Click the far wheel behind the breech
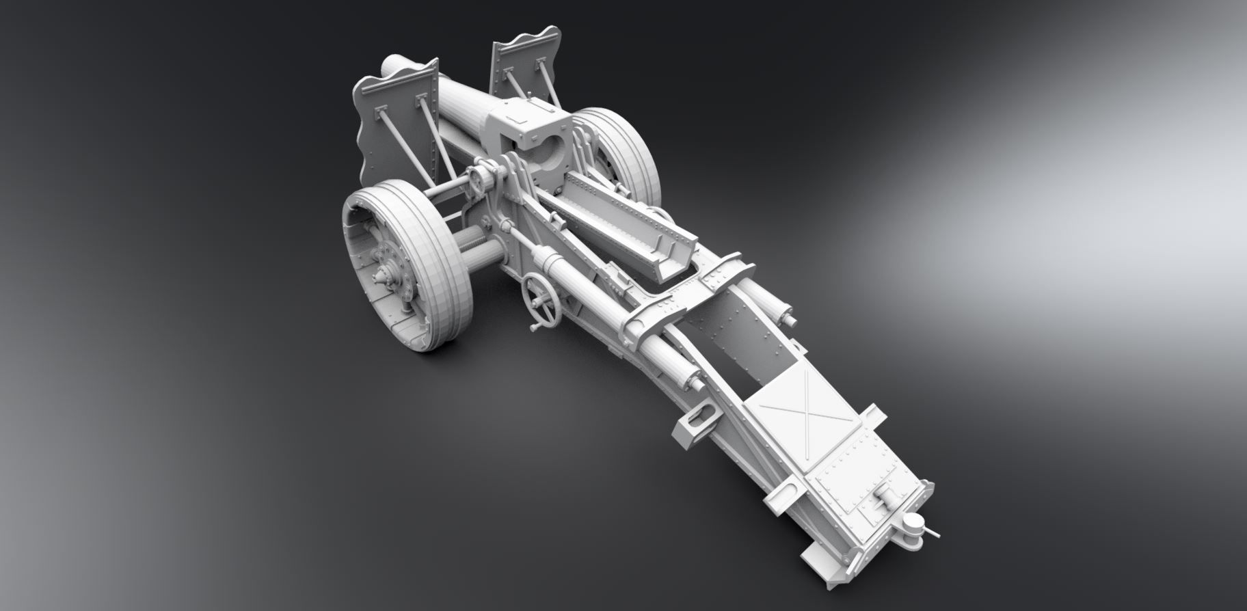[619, 147]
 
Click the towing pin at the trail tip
[911, 525]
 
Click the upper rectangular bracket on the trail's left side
[697, 424]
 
